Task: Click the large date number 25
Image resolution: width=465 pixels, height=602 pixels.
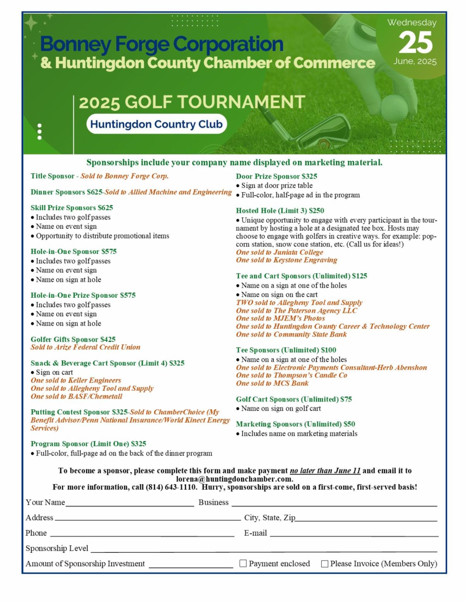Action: (415, 42)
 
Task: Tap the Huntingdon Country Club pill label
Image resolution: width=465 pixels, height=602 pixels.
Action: (157, 124)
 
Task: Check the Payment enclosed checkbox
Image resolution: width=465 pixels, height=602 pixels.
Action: (243, 563)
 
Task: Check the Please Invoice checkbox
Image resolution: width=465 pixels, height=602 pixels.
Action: (325, 564)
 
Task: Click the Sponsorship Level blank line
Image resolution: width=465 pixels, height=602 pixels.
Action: (263, 551)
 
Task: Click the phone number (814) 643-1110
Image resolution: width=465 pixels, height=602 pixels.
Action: (171, 487)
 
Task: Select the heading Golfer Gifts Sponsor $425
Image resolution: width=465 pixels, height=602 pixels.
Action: (73, 339)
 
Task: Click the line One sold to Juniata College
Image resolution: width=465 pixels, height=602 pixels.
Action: (279, 252)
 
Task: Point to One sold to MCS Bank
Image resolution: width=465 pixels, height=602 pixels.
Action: (272, 383)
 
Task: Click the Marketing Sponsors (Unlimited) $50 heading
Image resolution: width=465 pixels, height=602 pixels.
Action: (295, 424)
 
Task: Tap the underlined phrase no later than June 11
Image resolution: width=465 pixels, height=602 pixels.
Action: (325, 471)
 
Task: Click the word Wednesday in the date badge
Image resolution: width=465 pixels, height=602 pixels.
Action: (412, 22)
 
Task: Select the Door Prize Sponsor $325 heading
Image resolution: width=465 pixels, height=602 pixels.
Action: (276, 176)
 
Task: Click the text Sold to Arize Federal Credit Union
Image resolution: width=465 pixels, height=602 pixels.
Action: (86, 347)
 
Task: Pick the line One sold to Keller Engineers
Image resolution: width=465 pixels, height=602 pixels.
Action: (76, 380)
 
